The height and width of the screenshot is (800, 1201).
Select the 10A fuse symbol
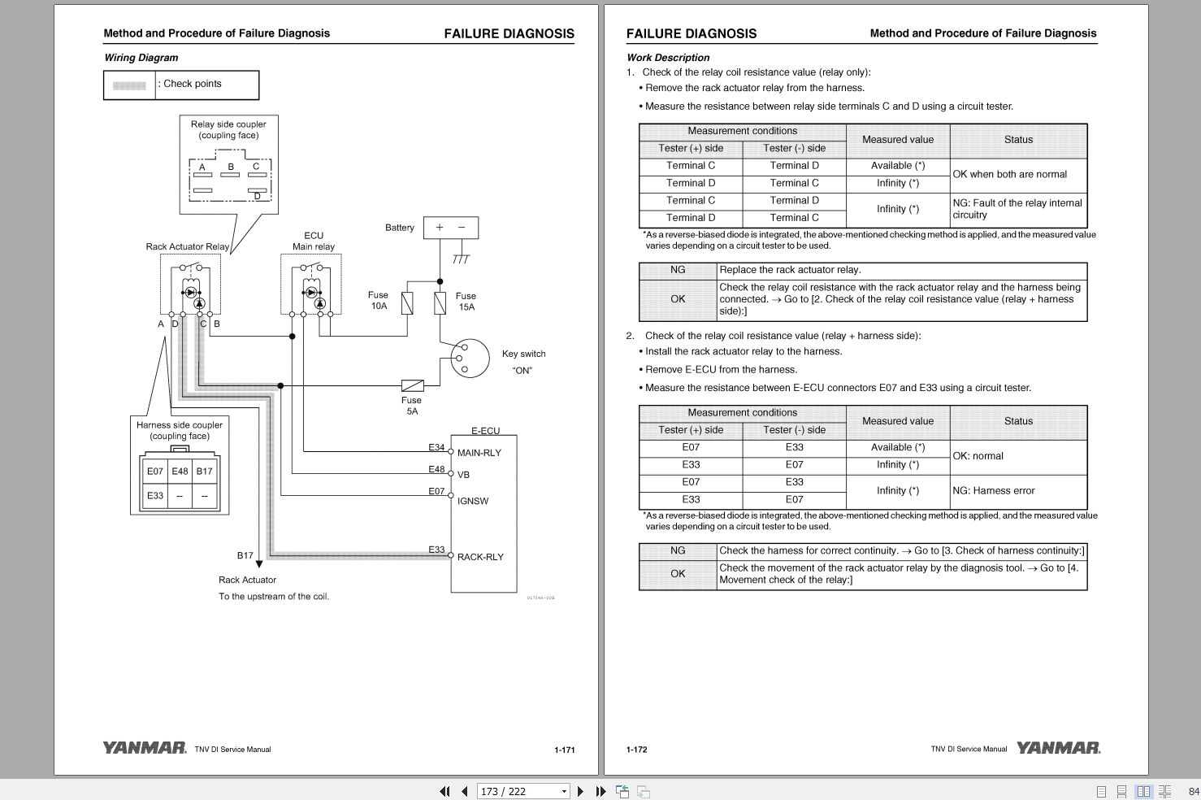click(x=407, y=303)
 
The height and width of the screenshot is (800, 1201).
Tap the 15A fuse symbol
click(x=440, y=303)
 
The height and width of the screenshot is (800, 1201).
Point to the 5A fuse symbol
click(x=412, y=385)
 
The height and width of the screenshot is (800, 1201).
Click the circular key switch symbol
click(x=464, y=358)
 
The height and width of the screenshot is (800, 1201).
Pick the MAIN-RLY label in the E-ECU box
click(x=479, y=453)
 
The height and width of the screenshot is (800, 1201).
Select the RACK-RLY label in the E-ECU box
click(x=480, y=557)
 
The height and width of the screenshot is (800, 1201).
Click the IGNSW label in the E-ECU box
click(x=473, y=501)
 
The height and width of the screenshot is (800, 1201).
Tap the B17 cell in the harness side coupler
click(x=205, y=472)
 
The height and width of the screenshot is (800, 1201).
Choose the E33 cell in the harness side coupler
click(x=155, y=496)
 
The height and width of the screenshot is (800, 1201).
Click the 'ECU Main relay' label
click(x=313, y=241)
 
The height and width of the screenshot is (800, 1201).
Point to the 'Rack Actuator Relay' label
click(x=187, y=246)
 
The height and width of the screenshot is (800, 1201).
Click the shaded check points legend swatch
click(x=129, y=85)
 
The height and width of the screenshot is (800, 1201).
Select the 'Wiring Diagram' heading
click(x=141, y=58)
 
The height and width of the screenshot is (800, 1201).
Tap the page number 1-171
click(x=564, y=750)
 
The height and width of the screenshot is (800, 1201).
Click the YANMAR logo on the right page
click(x=1058, y=748)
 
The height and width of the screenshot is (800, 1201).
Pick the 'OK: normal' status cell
click(x=978, y=456)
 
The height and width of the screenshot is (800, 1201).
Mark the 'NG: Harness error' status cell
click(x=993, y=491)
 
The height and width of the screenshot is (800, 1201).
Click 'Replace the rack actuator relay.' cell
click(x=790, y=270)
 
